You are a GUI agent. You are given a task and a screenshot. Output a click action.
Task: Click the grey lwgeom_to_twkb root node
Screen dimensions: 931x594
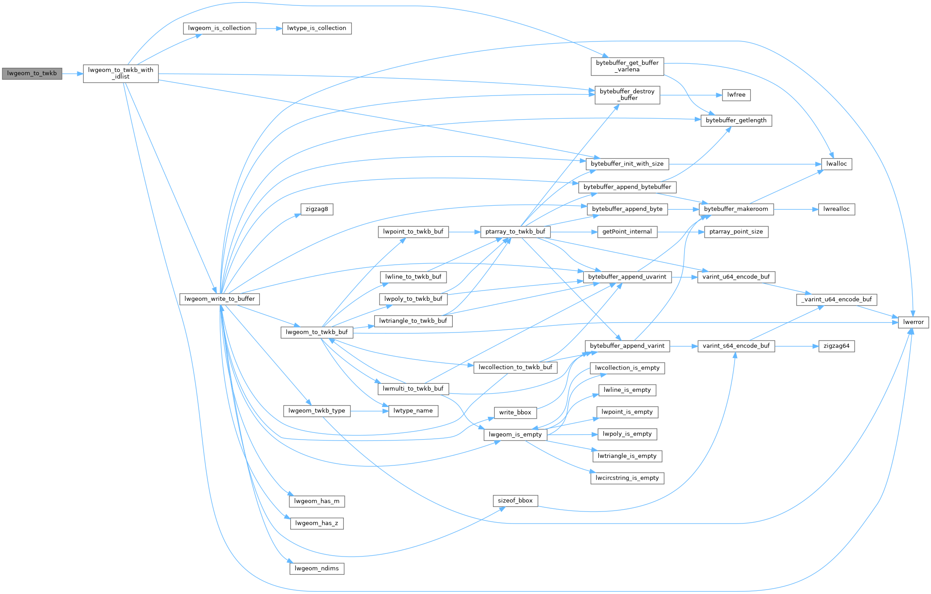click(x=32, y=74)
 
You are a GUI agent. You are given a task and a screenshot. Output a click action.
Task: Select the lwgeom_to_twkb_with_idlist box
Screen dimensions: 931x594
click(x=121, y=74)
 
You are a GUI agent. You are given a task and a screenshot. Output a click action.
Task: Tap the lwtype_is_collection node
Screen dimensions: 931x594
click(x=317, y=28)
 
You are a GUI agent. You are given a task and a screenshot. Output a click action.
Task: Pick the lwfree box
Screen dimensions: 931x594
click(x=736, y=95)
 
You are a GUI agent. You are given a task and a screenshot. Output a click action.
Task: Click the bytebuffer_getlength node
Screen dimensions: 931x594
click(x=736, y=120)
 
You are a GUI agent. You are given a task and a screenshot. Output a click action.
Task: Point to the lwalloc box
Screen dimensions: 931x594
click(x=836, y=164)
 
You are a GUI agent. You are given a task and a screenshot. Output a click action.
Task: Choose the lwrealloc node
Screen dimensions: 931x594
click(x=836, y=209)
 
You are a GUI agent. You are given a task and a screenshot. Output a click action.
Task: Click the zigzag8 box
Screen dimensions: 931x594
click(x=317, y=209)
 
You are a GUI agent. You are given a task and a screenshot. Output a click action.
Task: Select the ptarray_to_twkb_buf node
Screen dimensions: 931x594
click(x=515, y=232)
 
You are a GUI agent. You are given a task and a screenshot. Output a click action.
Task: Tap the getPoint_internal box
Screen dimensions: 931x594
click(x=627, y=232)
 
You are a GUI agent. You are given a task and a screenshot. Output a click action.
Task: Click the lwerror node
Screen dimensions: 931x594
click(x=913, y=322)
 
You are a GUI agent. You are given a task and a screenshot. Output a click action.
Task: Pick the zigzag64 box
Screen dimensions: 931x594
click(x=836, y=346)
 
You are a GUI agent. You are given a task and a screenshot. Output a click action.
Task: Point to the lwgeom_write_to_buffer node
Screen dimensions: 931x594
click(x=219, y=299)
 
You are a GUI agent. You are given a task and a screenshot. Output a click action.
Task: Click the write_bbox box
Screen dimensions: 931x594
click(x=515, y=413)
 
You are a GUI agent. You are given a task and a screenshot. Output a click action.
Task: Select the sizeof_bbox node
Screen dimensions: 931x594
click(x=515, y=501)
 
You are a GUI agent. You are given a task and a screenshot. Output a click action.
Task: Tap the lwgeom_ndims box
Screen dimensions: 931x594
click(x=317, y=569)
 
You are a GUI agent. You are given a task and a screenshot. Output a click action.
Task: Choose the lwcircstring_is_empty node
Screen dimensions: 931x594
click(x=627, y=478)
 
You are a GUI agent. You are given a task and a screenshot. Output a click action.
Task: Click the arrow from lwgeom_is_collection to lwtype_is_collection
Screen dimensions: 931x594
click(x=269, y=29)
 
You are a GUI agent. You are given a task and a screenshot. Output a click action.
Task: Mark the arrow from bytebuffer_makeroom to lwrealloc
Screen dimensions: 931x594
click(x=796, y=209)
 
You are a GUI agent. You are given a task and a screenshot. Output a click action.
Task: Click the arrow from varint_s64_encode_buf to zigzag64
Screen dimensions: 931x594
click(x=797, y=346)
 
